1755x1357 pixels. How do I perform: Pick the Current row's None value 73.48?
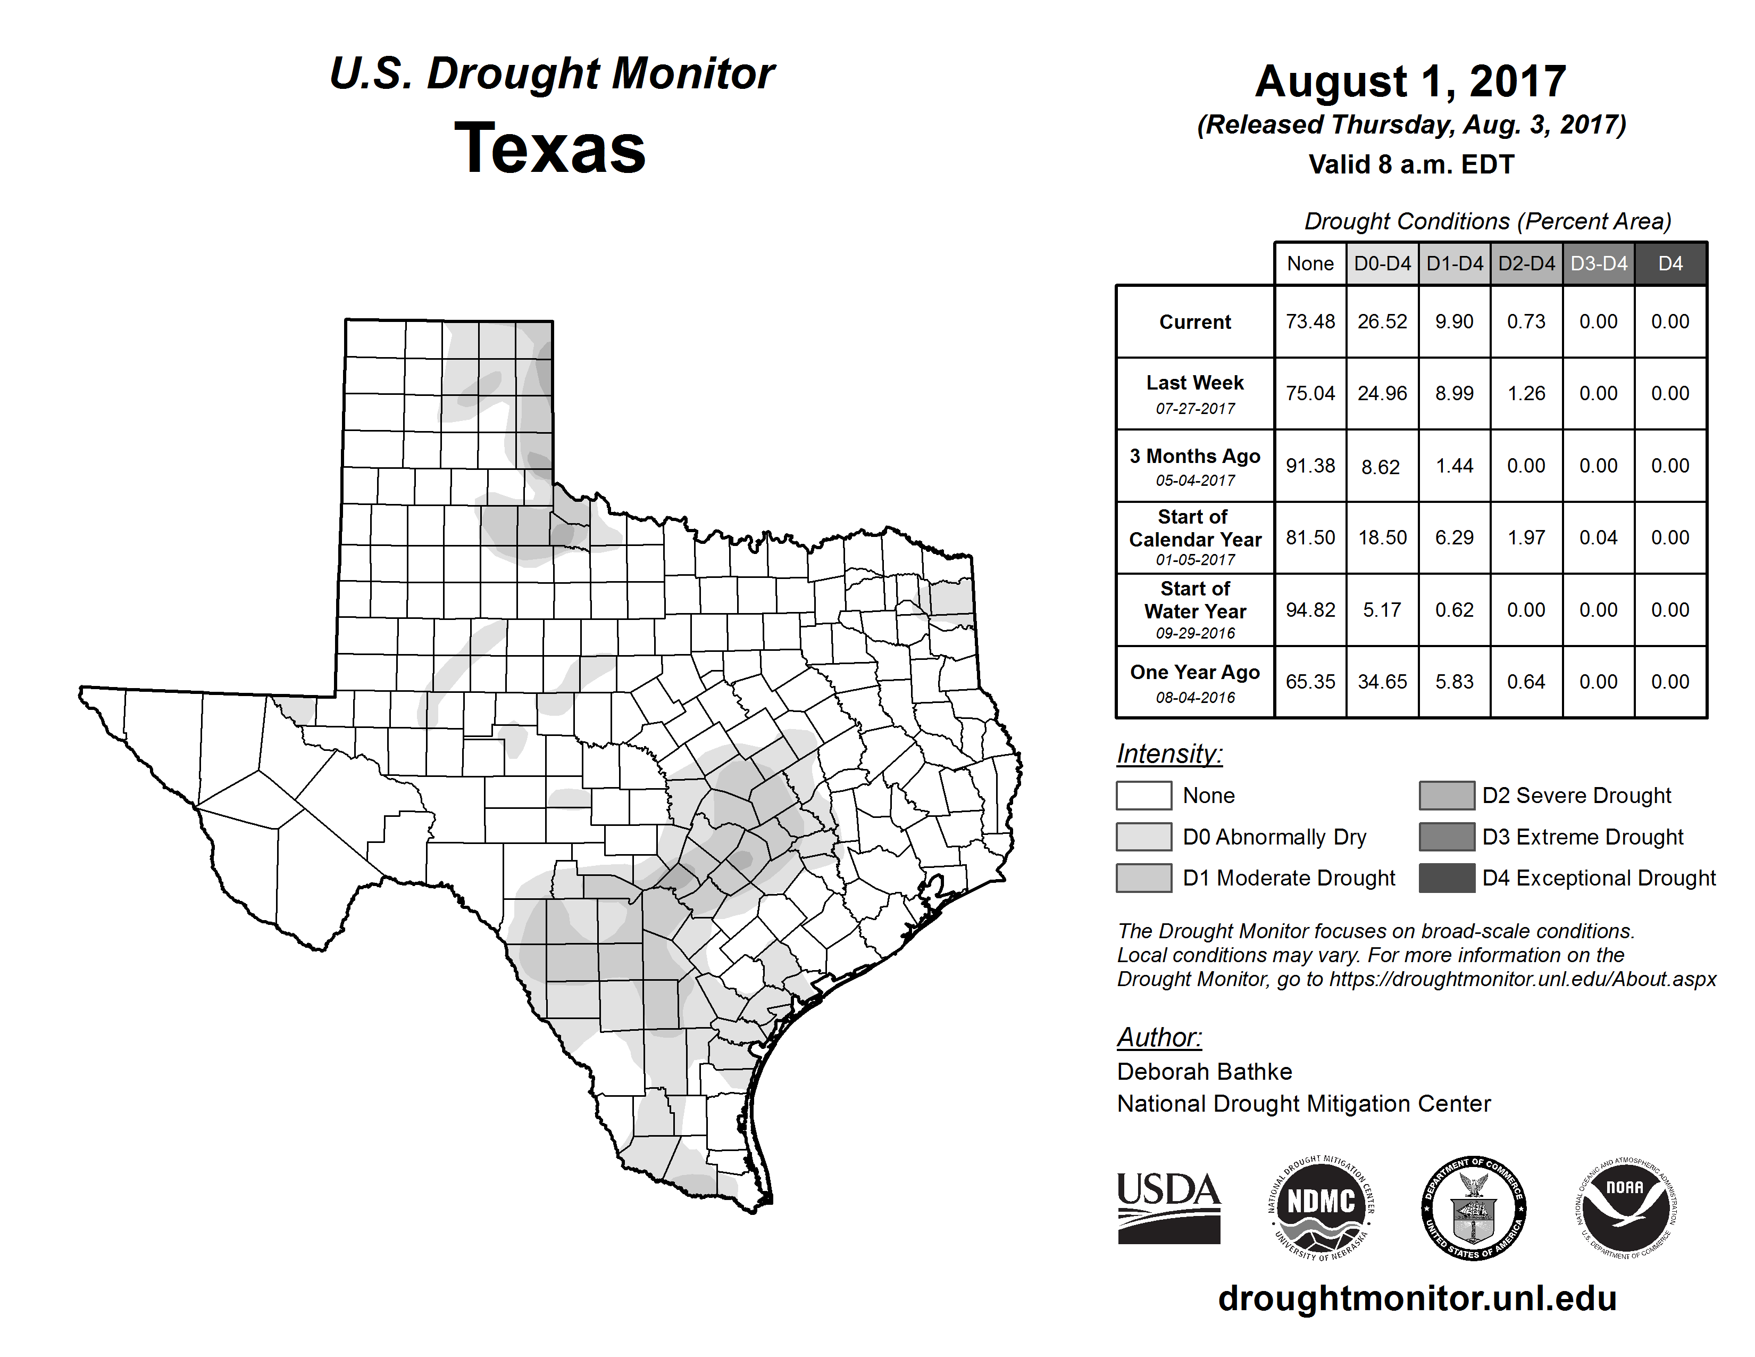point(1310,321)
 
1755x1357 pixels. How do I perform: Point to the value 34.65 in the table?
point(1382,682)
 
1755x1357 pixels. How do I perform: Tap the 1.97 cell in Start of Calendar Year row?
point(1526,538)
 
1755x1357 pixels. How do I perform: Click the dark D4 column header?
point(1670,263)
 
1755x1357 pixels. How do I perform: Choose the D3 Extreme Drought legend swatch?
point(1447,836)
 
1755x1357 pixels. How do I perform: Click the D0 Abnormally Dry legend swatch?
point(1143,836)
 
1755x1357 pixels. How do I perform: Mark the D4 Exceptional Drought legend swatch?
point(1447,878)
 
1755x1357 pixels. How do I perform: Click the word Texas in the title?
point(550,148)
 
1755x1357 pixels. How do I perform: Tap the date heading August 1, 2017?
point(1410,81)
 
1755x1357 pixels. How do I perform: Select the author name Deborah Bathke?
point(1204,1072)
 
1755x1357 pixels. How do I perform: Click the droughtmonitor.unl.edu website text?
point(1417,1298)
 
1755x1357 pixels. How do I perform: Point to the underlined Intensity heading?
point(1169,754)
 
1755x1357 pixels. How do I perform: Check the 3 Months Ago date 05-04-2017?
point(1195,481)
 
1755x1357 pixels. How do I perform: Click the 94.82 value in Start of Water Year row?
point(1310,610)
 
